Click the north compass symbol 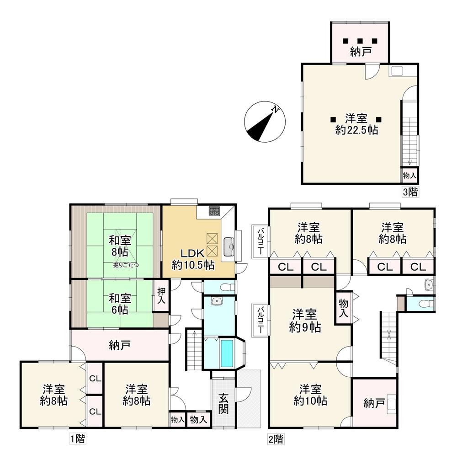click(x=265, y=122)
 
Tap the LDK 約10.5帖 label click(x=193, y=259)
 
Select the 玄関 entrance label click(x=224, y=403)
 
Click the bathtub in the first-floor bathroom click(x=227, y=353)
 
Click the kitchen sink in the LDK click(x=229, y=247)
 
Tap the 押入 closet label click(x=161, y=295)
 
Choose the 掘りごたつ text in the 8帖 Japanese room click(x=126, y=265)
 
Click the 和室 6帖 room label click(x=119, y=304)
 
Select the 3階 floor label click(x=410, y=192)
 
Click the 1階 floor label click(x=78, y=438)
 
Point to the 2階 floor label click(x=276, y=439)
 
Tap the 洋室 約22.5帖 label click(x=356, y=124)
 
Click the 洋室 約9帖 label click(x=305, y=321)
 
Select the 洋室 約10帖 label click(x=310, y=395)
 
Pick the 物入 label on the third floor click(x=409, y=176)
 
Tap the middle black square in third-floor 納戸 click(x=360, y=41)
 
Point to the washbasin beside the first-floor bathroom click(x=217, y=301)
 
